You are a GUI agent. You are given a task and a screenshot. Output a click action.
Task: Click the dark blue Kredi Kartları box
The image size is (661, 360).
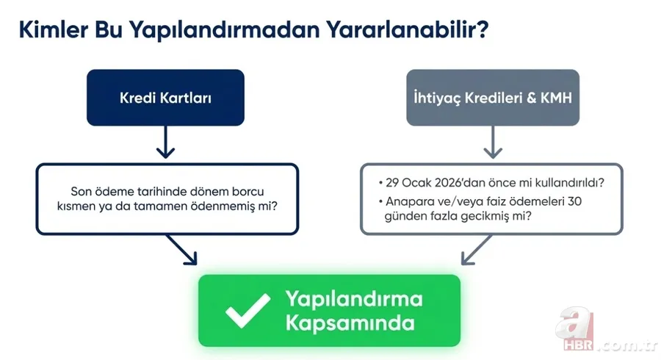[165, 97]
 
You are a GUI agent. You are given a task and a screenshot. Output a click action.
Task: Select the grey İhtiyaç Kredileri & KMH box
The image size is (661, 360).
[493, 97]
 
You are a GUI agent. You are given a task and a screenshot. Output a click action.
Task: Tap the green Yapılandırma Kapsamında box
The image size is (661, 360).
[329, 311]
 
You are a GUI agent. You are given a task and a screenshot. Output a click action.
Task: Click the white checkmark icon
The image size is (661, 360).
[248, 311]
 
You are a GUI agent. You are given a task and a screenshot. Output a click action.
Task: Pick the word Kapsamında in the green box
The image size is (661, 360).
[340, 323]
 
